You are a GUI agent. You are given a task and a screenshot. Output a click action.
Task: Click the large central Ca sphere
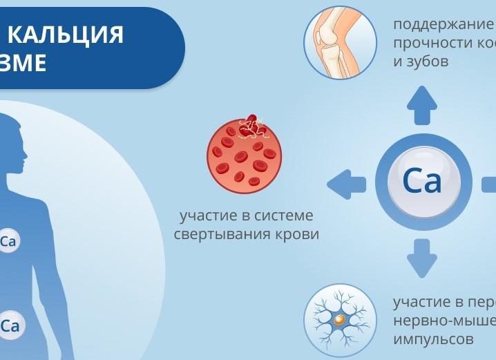422,182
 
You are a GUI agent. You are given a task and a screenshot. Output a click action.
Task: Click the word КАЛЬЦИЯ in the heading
66,34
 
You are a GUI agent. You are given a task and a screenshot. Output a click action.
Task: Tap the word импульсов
433,339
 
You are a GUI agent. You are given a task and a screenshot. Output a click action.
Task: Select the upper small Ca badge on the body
8,242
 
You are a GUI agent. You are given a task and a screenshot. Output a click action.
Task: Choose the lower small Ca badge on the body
9,326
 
